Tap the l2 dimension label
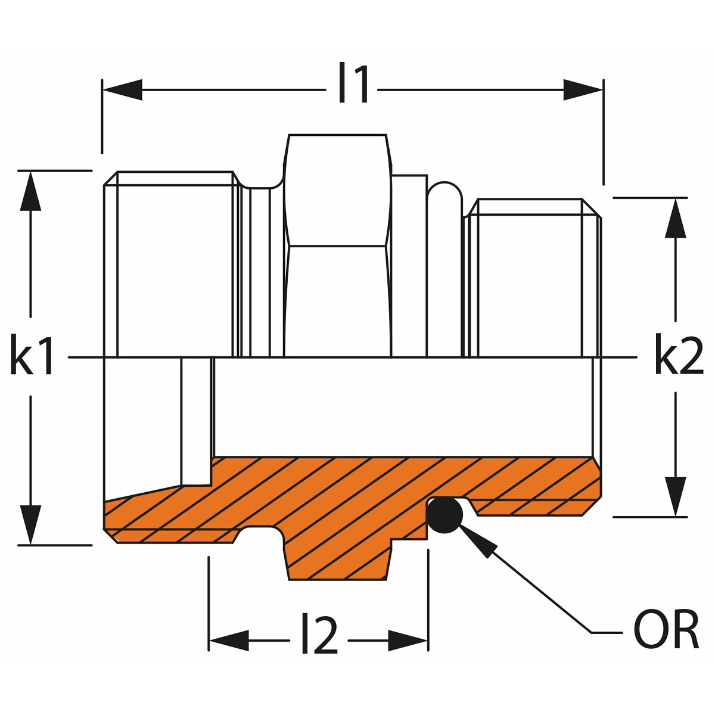coord(319,636)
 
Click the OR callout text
coord(665,629)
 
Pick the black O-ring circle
coord(444,515)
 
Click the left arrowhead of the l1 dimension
coord(122,90)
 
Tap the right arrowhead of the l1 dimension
coord(583,90)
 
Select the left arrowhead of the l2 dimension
coord(229,641)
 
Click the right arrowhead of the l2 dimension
coord(408,641)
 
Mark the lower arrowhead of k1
coord(30,524)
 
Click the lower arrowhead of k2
coord(675,496)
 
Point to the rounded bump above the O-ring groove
coord(445,197)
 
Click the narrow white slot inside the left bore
coord(196,420)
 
